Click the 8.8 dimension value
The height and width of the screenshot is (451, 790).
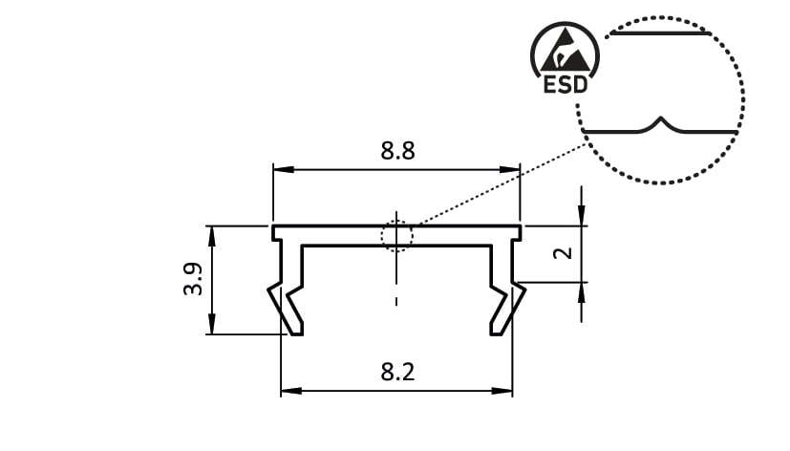tap(397, 151)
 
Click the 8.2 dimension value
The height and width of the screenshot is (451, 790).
tap(397, 373)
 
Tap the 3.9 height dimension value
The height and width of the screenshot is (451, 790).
tap(193, 279)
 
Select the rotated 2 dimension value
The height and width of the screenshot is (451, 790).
tap(563, 252)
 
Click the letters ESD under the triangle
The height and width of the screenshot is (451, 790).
tap(566, 85)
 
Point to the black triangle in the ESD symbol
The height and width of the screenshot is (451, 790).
tap(566, 53)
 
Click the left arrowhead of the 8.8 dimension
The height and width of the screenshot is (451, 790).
tap(283, 170)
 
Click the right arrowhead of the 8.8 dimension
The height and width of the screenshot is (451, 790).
tap(509, 170)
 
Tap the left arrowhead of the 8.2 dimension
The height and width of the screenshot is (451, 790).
tap(291, 391)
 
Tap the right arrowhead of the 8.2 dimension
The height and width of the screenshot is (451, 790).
tap(502, 391)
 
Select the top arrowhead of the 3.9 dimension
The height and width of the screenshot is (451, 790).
tap(212, 236)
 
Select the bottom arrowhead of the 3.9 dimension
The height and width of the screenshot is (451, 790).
tap(212, 324)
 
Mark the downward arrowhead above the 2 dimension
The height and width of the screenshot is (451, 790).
tap(582, 215)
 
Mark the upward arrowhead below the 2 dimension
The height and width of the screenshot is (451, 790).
tap(582, 293)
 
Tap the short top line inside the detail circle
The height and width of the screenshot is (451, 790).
tap(659, 33)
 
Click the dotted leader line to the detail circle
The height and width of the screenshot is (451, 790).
tap(502, 184)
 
